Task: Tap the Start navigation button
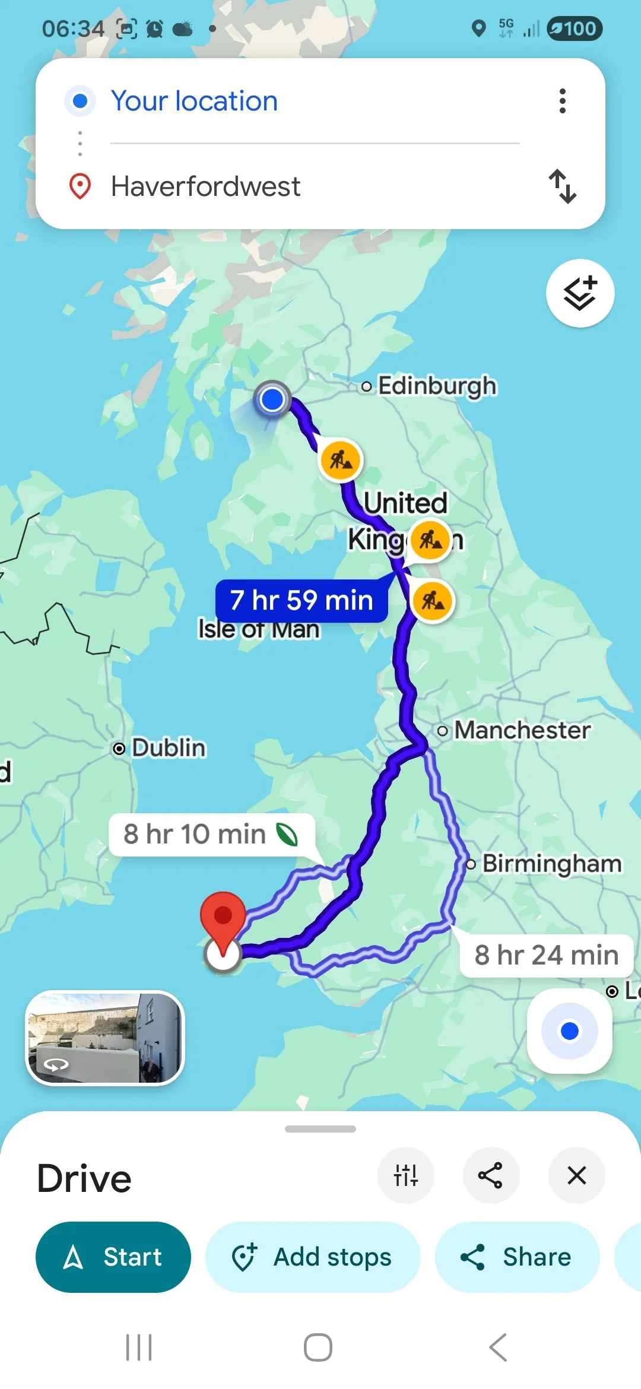113,1257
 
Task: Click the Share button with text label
517,1257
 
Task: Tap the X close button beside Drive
576,1175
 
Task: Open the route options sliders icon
406,1175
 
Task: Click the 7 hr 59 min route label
302,600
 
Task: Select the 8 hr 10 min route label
211,834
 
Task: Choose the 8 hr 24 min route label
546,955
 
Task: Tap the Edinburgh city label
437,386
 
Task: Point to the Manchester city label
522,730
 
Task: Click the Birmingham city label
551,864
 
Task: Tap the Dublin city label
168,748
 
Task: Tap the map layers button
580,293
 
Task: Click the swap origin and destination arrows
562,186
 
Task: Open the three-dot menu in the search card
563,101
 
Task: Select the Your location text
194,101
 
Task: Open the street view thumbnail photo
105,1038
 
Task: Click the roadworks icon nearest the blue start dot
341,459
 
